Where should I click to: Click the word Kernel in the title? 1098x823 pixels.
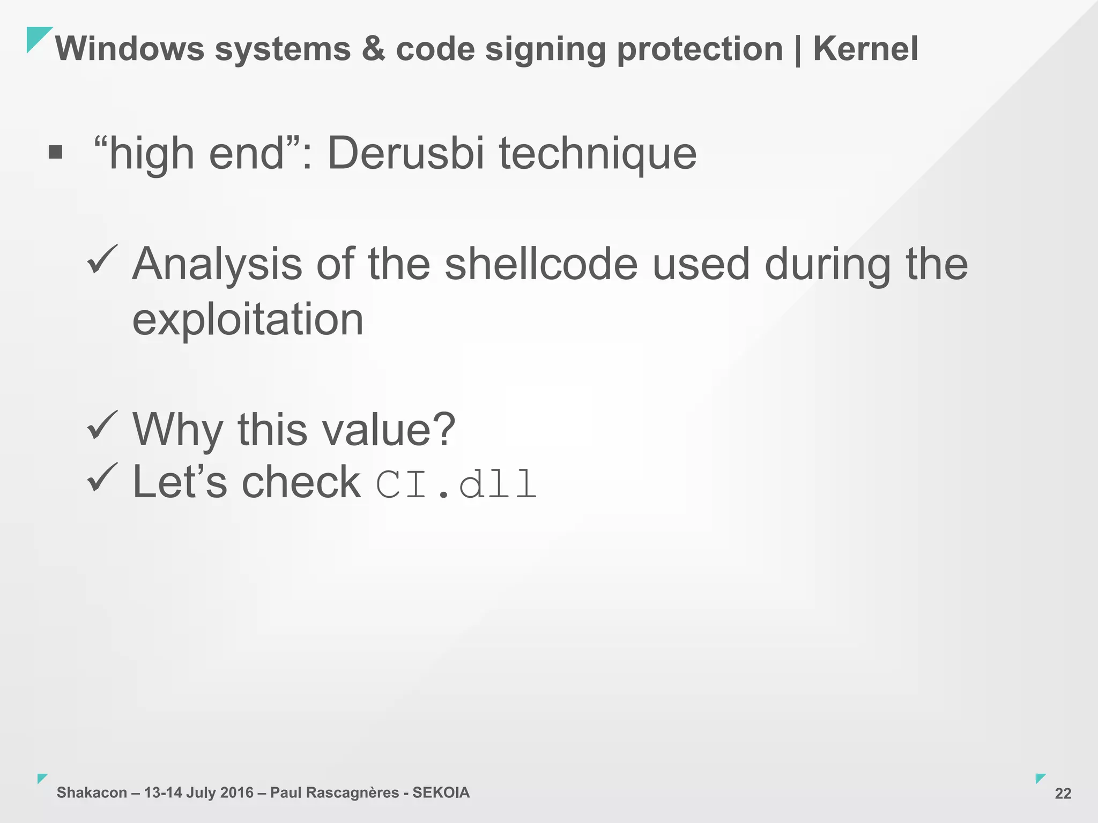pyautogui.click(x=865, y=49)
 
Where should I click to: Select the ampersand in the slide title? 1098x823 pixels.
pyautogui.click(x=373, y=49)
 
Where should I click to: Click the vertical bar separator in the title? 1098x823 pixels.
pyautogui.click(x=798, y=50)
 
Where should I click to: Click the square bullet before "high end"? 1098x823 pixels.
pyautogui.click(x=55, y=153)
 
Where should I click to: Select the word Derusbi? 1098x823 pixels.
pyautogui.click(x=406, y=154)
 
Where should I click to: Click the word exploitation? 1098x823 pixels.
pyautogui.click(x=248, y=320)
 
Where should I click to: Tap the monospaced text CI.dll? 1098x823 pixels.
pyautogui.click(x=456, y=484)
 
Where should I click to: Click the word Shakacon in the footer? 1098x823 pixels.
pyautogui.click(x=92, y=792)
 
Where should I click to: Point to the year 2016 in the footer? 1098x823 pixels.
pyautogui.click(x=236, y=792)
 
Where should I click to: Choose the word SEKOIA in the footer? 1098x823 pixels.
pyautogui.click(x=441, y=792)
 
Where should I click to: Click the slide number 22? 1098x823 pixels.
pyautogui.click(x=1063, y=794)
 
